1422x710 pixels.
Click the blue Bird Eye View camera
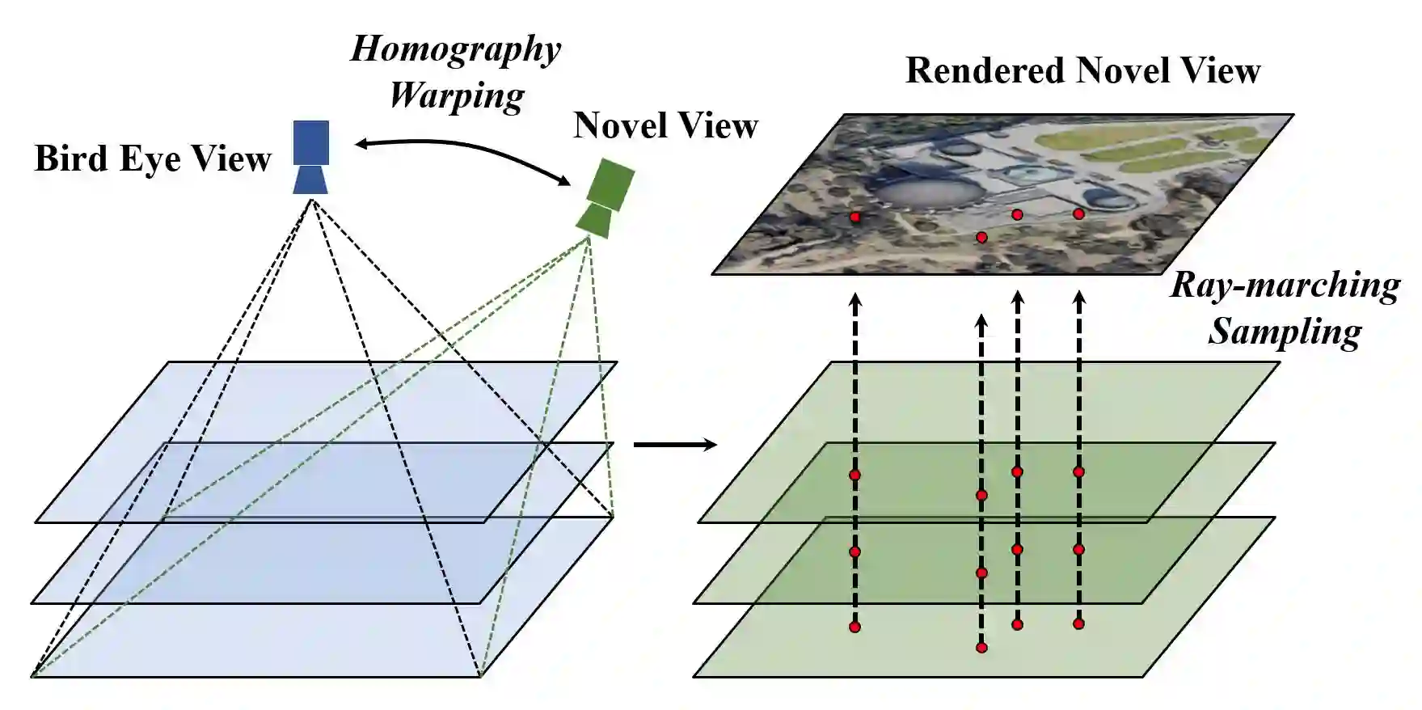310,157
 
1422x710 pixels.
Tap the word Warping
457,95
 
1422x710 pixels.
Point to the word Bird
71,158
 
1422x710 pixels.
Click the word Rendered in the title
984,71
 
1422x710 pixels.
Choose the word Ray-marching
1285,285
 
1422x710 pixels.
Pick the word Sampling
1285,332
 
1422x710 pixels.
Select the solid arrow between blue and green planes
674,445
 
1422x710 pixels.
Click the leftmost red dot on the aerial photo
855,218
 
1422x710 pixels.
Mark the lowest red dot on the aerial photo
981,238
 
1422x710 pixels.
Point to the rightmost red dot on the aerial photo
1078,213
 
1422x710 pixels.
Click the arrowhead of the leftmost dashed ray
855,301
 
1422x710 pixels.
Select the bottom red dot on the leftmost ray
855,627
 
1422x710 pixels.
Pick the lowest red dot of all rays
981,647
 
